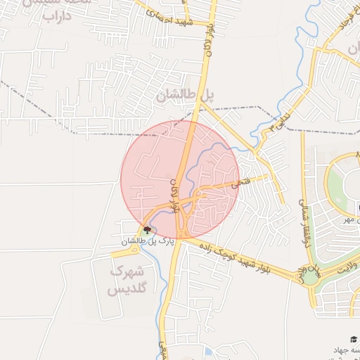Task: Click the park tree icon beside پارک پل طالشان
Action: click(147, 229)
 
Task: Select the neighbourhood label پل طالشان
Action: click(187, 96)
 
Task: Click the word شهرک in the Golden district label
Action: click(127, 271)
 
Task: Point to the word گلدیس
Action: click(127, 288)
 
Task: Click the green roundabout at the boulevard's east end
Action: click(310, 275)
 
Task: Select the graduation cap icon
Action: click(352, 339)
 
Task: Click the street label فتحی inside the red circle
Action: click(231, 186)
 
